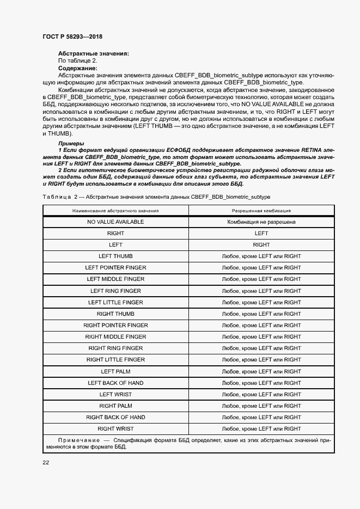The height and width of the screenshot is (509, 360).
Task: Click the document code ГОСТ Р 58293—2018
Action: tap(72, 36)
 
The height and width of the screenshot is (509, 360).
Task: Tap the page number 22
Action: tap(46, 462)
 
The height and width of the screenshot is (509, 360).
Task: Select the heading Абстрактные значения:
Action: tap(93, 53)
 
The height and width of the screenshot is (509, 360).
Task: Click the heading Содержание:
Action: tap(77, 68)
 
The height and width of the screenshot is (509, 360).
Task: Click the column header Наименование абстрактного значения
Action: tap(115, 210)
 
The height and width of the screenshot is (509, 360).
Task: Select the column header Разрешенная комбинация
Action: tap(261, 210)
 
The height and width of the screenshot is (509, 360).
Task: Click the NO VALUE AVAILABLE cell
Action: tap(115, 222)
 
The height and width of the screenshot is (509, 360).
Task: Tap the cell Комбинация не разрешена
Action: tap(261, 222)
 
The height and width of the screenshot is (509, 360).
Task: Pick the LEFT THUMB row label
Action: tap(115, 256)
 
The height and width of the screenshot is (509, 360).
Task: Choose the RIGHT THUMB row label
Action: tap(115, 314)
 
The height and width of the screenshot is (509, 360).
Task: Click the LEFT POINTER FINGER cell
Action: tap(115, 268)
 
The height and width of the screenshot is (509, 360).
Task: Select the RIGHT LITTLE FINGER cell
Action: tap(115, 360)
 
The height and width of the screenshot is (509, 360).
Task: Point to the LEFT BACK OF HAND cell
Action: tap(115, 383)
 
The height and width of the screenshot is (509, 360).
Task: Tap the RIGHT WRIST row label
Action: tap(115, 429)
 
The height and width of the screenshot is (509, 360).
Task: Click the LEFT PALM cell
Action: tap(115, 372)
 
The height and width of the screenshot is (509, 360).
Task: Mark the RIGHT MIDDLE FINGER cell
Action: tap(115, 337)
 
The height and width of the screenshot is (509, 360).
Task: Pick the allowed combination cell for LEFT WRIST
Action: tap(261, 395)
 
